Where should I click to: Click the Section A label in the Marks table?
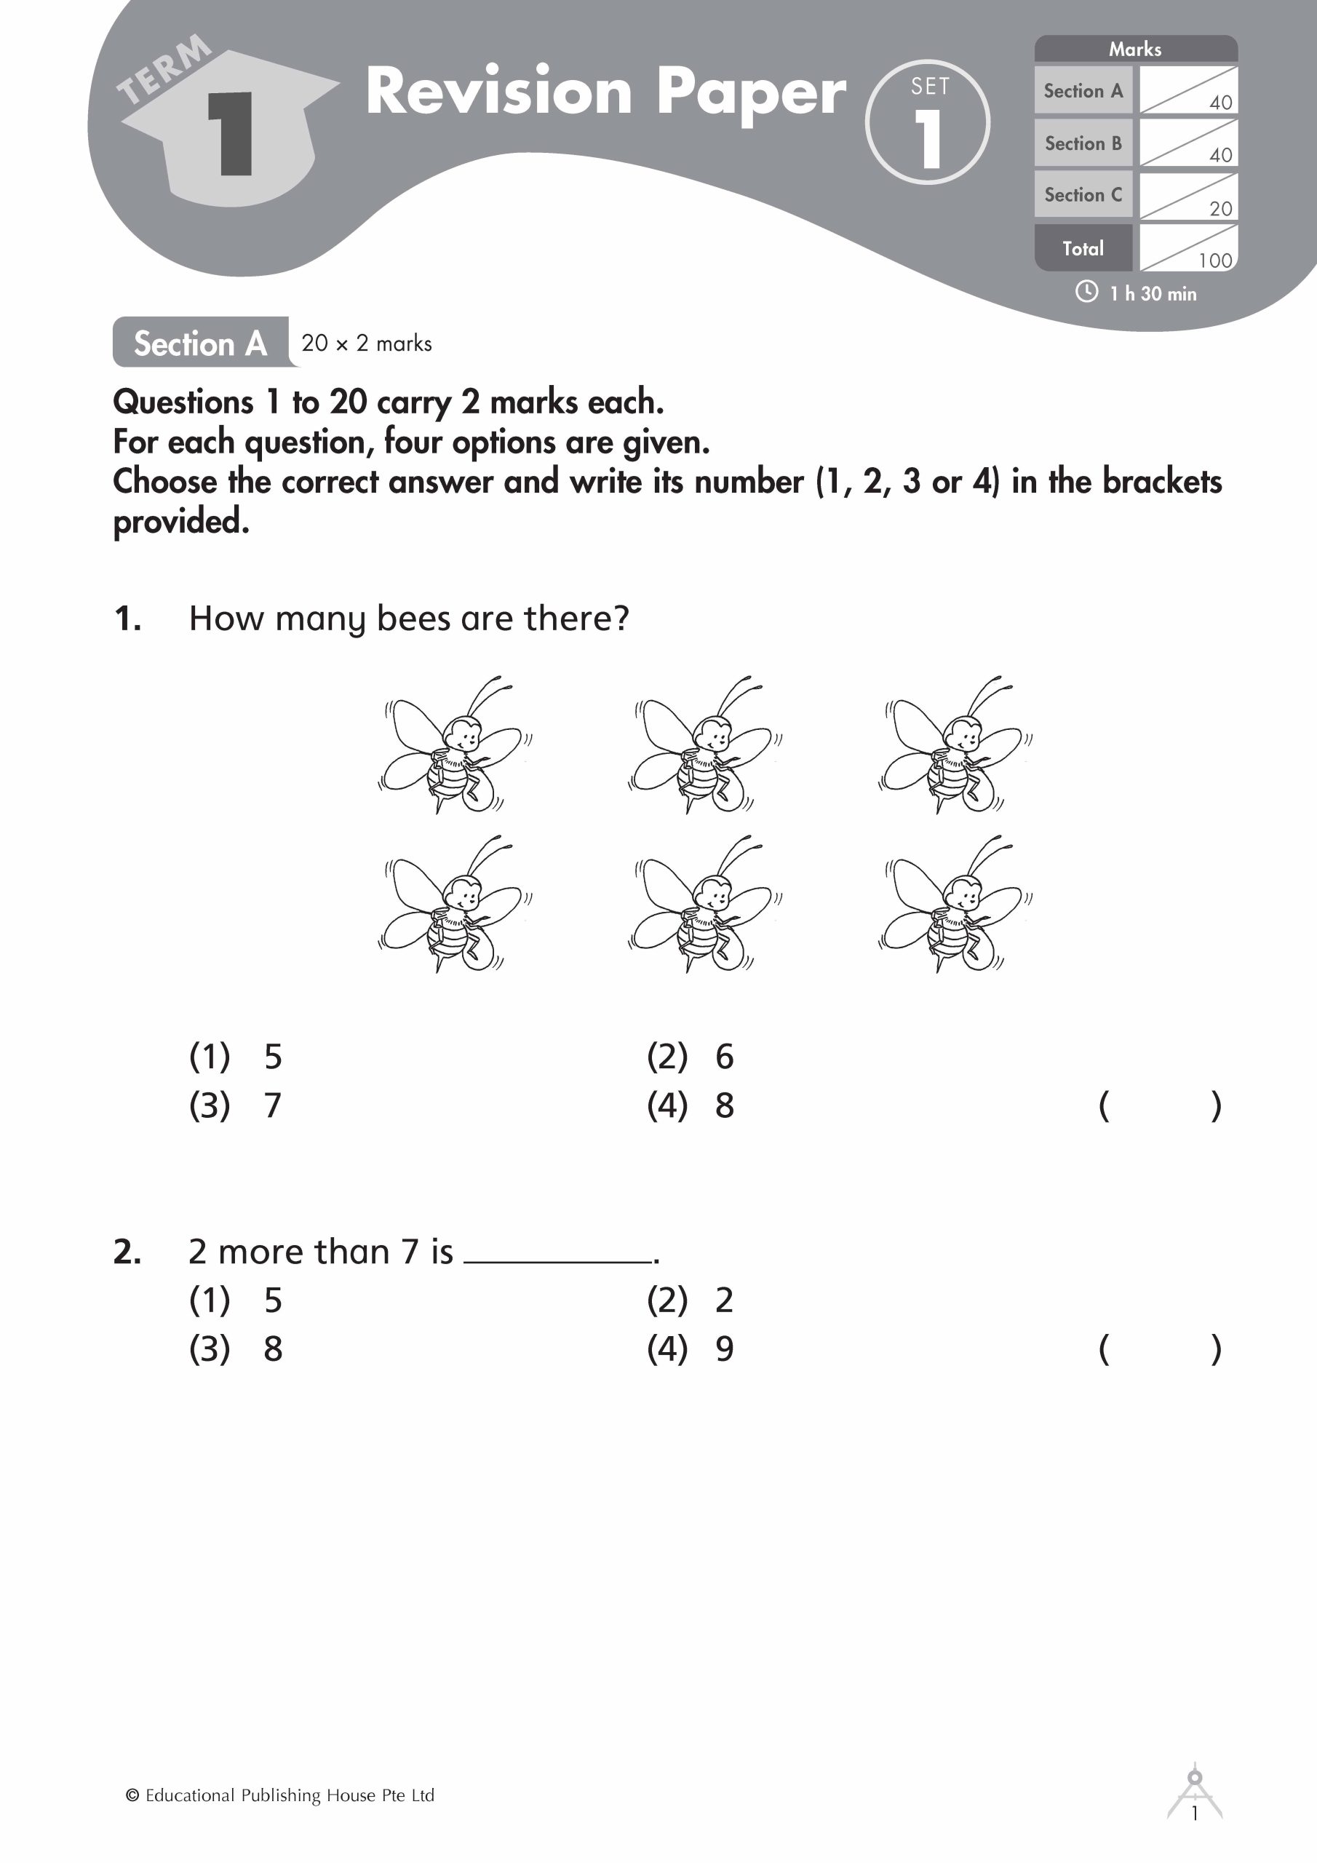pos(1083,91)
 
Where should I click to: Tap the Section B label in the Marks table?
pos(1083,143)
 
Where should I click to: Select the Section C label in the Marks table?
pos(1083,195)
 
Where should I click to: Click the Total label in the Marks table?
pos(1083,248)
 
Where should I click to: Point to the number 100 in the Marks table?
pos(1214,261)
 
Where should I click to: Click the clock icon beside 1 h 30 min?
pos(1086,292)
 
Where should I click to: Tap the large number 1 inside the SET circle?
pos(928,139)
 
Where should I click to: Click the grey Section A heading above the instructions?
pos(200,343)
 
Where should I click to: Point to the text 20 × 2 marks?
pos(367,343)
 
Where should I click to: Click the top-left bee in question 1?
pos(455,745)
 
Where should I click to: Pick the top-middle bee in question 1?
pos(704,745)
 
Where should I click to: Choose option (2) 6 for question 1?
pos(690,1057)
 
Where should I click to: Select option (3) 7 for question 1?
pos(235,1105)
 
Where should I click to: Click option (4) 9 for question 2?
pos(690,1348)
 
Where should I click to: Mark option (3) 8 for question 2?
pos(235,1348)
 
